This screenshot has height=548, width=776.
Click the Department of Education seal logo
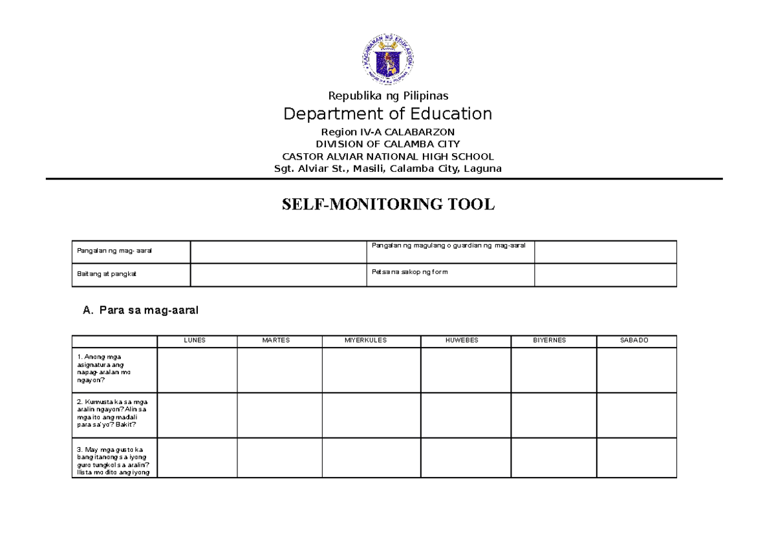coord(387,59)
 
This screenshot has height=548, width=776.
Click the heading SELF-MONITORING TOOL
coord(388,205)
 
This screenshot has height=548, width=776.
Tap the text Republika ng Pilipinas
coord(388,96)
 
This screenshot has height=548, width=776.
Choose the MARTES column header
coord(279,341)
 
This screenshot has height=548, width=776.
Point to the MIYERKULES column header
coord(371,341)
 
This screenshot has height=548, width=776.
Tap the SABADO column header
coord(636,341)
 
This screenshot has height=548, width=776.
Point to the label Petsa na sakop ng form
coord(409,272)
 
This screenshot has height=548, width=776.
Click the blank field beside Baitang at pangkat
coord(278,275)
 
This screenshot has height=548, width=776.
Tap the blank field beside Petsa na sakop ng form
coord(605,275)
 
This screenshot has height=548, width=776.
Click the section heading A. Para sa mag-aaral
coord(141,311)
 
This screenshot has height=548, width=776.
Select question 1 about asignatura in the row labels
coord(103,369)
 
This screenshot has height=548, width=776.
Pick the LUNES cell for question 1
coord(197,370)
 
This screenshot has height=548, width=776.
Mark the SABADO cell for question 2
coord(636,415)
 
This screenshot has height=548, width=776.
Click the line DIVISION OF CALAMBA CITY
coord(388,144)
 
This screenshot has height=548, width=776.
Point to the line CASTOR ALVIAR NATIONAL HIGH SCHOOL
coord(388,156)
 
